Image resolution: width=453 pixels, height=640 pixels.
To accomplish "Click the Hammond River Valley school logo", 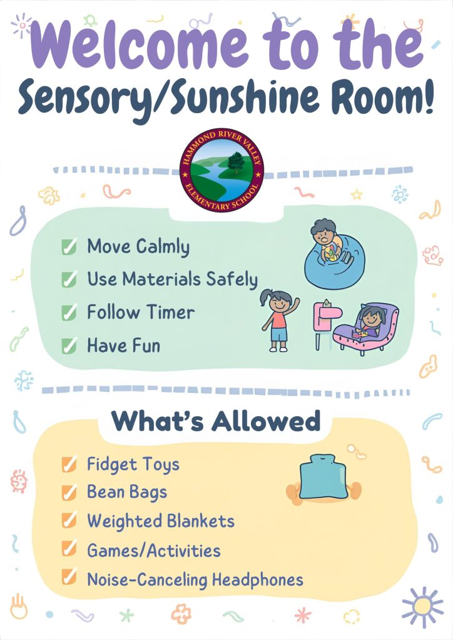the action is point(221,171).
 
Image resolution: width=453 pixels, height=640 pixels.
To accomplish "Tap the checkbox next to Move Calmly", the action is point(69,246).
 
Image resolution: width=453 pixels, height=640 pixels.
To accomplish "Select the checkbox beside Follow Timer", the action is point(69,312).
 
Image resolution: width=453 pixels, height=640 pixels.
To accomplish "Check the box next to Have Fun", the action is point(69,346).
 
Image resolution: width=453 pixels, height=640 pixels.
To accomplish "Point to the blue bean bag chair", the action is point(335,265).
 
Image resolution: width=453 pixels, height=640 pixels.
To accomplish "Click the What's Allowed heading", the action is point(216,421).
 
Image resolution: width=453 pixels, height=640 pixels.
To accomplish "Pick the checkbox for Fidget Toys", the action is point(69,464).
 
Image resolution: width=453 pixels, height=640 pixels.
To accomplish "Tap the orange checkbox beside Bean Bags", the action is point(69,492).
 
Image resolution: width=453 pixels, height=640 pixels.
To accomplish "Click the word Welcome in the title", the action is point(140,44).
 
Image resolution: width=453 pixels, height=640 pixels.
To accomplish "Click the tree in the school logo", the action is point(235,162).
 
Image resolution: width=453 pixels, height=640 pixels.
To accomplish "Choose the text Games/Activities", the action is point(153,551).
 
